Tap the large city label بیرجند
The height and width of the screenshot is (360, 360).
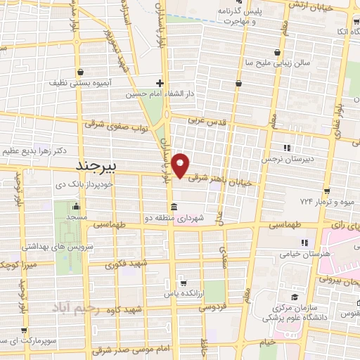[x=105, y=167]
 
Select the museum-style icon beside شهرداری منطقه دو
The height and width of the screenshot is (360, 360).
[x=174, y=207]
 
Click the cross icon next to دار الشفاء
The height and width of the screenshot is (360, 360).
[x=160, y=82]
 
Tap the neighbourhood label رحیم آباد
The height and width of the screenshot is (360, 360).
[x=77, y=309]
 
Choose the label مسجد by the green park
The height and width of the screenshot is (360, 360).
[x=75, y=218]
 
